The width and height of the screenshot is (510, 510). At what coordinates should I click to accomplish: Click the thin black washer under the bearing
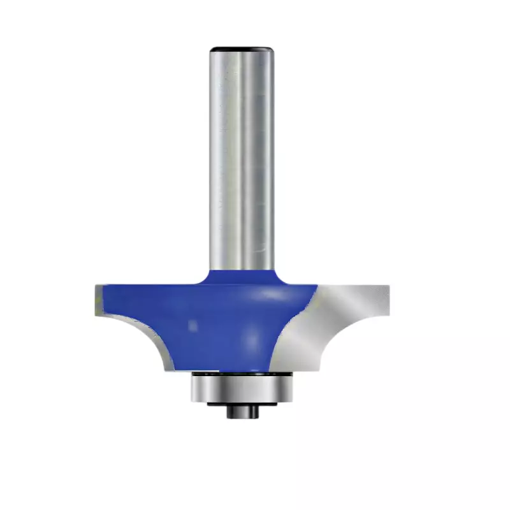click(x=241, y=404)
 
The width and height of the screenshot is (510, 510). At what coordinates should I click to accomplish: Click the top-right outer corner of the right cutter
click(x=388, y=286)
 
